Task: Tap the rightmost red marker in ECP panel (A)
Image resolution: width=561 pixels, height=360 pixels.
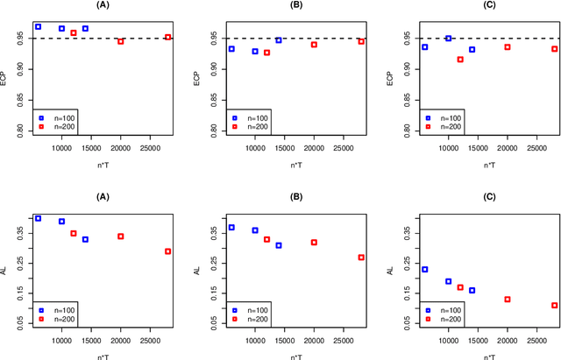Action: [168, 38]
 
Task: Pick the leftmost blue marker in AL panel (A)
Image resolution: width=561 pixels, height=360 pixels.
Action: [38, 218]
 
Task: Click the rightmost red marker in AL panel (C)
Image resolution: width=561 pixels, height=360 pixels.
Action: [555, 306]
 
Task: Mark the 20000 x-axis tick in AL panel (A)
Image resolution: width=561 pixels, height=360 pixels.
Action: [121, 340]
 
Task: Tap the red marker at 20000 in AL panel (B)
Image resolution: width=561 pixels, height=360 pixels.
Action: [314, 243]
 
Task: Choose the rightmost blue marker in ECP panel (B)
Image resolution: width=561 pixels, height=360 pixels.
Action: [279, 40]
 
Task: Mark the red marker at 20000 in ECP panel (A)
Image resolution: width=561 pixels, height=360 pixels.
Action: [121, 41]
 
